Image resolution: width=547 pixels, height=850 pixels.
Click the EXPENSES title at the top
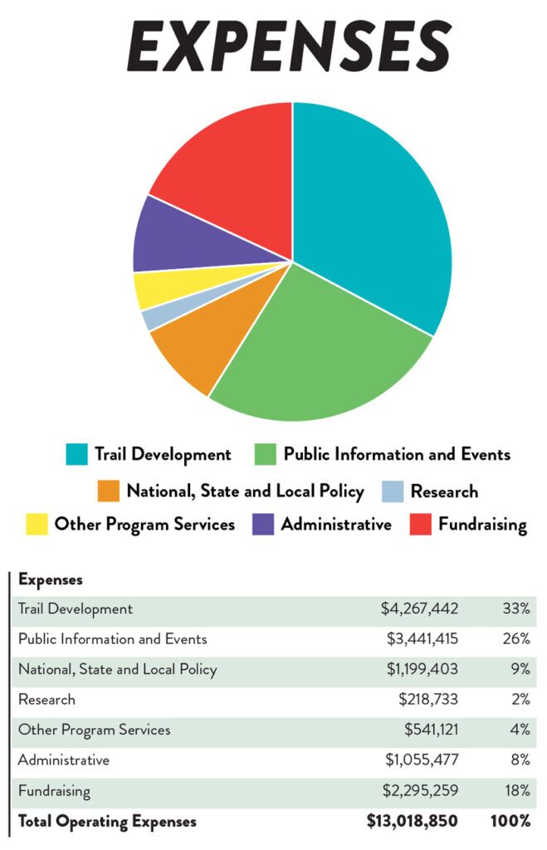[x=289, y=46]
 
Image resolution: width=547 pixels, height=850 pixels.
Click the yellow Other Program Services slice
[x=154, y=289]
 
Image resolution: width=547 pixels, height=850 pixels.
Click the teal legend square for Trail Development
[x=76, y=454]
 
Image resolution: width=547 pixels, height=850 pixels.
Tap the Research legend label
[x=444, y=491]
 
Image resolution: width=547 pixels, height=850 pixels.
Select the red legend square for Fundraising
[x=421, y=525]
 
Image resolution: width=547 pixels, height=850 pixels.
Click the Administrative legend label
[x=336, y=525]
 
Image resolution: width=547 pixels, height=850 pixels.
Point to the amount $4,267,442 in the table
[x=419, y=609]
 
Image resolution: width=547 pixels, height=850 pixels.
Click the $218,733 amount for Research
[x=427, y=700]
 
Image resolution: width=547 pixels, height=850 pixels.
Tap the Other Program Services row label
[x=94, y=730]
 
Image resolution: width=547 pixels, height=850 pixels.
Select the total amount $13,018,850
[x=413, y=822]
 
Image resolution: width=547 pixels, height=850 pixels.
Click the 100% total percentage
[x=510, y=822]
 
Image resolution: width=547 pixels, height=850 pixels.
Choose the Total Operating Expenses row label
[x=107, y=822]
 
